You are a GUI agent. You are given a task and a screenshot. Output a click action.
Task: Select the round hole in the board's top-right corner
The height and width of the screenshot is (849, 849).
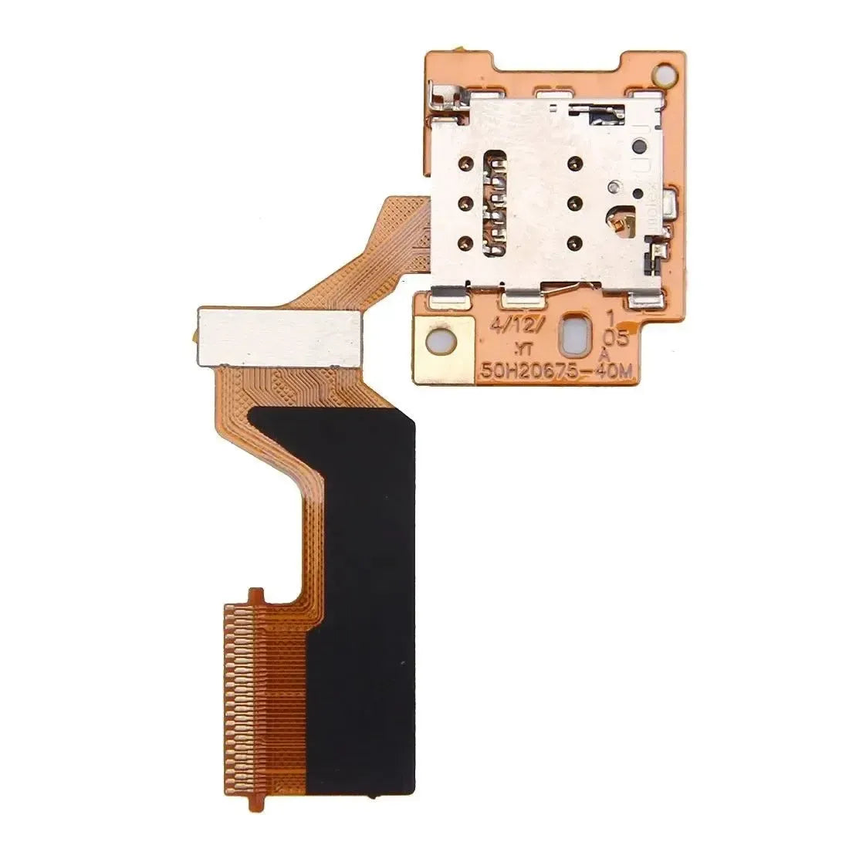point(662,75)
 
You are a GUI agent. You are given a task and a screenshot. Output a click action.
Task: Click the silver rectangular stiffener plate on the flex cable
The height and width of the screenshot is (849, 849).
point(279,337)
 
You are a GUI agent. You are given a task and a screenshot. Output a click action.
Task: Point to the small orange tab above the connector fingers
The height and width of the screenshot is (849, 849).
point(254,595)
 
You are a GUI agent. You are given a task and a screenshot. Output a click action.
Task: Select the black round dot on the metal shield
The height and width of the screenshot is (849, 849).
point(639,146)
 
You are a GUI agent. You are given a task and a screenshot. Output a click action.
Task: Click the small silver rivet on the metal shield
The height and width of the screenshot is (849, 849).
point(615,186)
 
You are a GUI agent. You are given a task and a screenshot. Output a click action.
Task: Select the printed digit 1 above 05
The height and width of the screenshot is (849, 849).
point(610,316)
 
